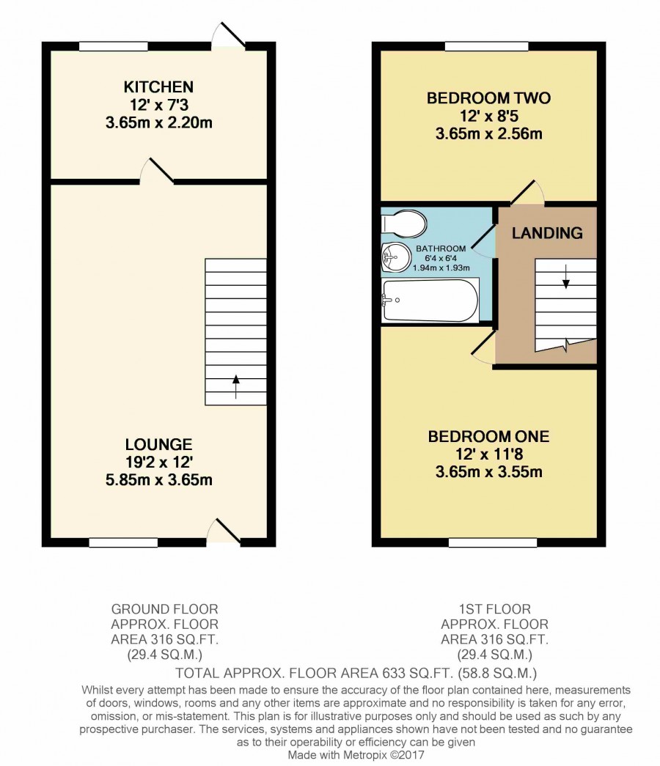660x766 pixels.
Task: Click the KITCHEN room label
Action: tap(158, 87)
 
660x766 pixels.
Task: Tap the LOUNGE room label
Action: tap(159, 444)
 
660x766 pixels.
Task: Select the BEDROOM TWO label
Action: tap(488, 97)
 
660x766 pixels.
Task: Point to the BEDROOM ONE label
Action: tap(488, 436)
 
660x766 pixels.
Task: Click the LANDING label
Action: tap(547, 233)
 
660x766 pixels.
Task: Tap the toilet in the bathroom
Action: tap(404, 224)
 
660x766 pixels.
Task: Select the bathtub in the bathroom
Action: tap(430, 301)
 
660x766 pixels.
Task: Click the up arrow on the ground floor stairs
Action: tap(236, 386)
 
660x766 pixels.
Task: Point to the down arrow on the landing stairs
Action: tap(566, 276)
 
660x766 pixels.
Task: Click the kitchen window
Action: tap(114, 46)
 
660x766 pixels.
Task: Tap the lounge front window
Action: tap(123, 542)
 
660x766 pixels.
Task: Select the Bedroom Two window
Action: tap(486, 46)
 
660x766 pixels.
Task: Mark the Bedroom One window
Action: tap(492, 542)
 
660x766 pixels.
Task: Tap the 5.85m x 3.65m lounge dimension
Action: tap(159, 479)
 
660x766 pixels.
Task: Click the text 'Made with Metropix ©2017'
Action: tap(356, 755)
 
